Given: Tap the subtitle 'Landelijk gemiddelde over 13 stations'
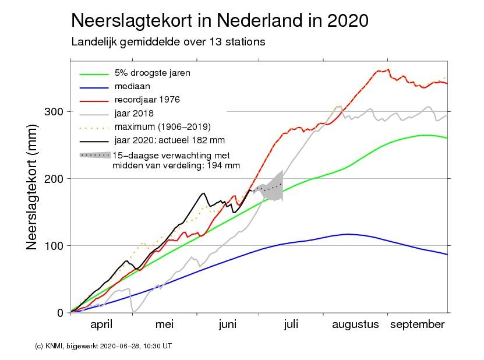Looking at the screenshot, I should (x=168, y=42).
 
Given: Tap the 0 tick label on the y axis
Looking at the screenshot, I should (x=60, y=313).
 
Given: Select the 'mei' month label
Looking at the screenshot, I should (x=165, y=324).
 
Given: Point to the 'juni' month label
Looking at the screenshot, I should (x=228, y=324).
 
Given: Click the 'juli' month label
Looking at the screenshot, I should (x=291, y=324).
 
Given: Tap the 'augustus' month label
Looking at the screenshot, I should (x=355, y=324).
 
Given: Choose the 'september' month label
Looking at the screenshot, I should (x=416, y=324).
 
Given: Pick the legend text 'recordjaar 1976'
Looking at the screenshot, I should (x=147, y=100).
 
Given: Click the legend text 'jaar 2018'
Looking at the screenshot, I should (x=135, y=113).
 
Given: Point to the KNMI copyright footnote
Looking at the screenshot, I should (x=104, y=346).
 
